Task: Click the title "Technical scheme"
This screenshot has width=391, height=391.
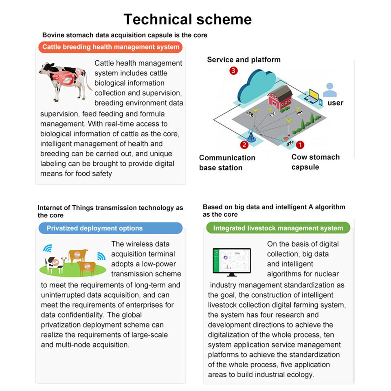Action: [188, 19]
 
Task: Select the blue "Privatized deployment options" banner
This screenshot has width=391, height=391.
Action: [110, 228]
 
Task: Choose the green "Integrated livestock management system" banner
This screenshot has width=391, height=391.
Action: [278, 228]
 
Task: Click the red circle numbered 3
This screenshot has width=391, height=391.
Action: [233, 71]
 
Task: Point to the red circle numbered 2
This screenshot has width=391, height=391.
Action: [244, 145]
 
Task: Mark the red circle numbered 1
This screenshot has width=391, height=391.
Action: [300, 145]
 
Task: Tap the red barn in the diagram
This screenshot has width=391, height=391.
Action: [280, 98]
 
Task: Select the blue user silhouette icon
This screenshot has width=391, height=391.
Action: [329, 90]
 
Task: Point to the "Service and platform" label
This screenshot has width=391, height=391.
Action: [244, 59]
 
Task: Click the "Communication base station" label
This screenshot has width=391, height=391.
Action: [227, 163]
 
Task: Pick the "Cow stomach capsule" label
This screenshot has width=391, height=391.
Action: [315, 162]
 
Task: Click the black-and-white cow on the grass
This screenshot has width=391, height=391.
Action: [55, 265]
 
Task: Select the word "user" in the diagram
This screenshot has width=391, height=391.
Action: [335, 103]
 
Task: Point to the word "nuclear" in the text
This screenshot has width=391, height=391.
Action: [327, 274]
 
